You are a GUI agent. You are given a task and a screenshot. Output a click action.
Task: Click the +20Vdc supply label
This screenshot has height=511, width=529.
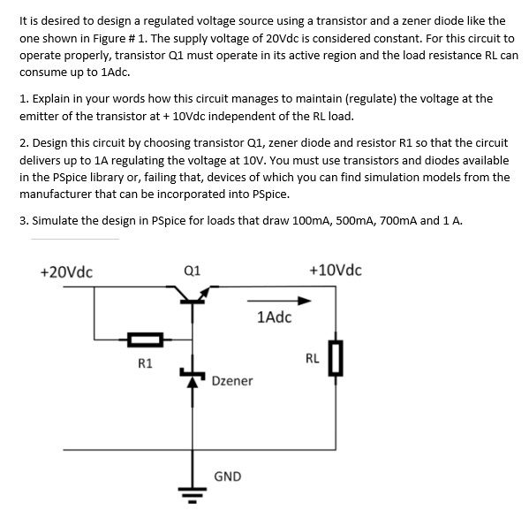tap(68, 271)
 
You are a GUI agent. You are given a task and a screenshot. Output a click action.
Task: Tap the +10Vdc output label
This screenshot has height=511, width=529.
tap(336, 269)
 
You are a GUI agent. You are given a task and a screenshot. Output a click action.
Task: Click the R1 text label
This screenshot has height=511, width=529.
tap(146, 362)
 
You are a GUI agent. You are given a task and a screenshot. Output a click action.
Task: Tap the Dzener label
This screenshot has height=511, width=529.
tap(232, 380)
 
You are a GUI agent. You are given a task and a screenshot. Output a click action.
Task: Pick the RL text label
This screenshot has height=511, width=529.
tap(312, 358)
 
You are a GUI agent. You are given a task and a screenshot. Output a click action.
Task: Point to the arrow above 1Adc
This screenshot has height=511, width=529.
tap(273, 301)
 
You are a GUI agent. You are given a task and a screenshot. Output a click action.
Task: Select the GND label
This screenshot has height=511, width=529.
tap(227, 476)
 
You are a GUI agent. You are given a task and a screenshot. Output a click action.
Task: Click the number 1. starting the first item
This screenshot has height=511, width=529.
tap(23, 99)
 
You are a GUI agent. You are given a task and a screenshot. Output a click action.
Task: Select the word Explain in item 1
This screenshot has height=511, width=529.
tap(55, 99)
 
